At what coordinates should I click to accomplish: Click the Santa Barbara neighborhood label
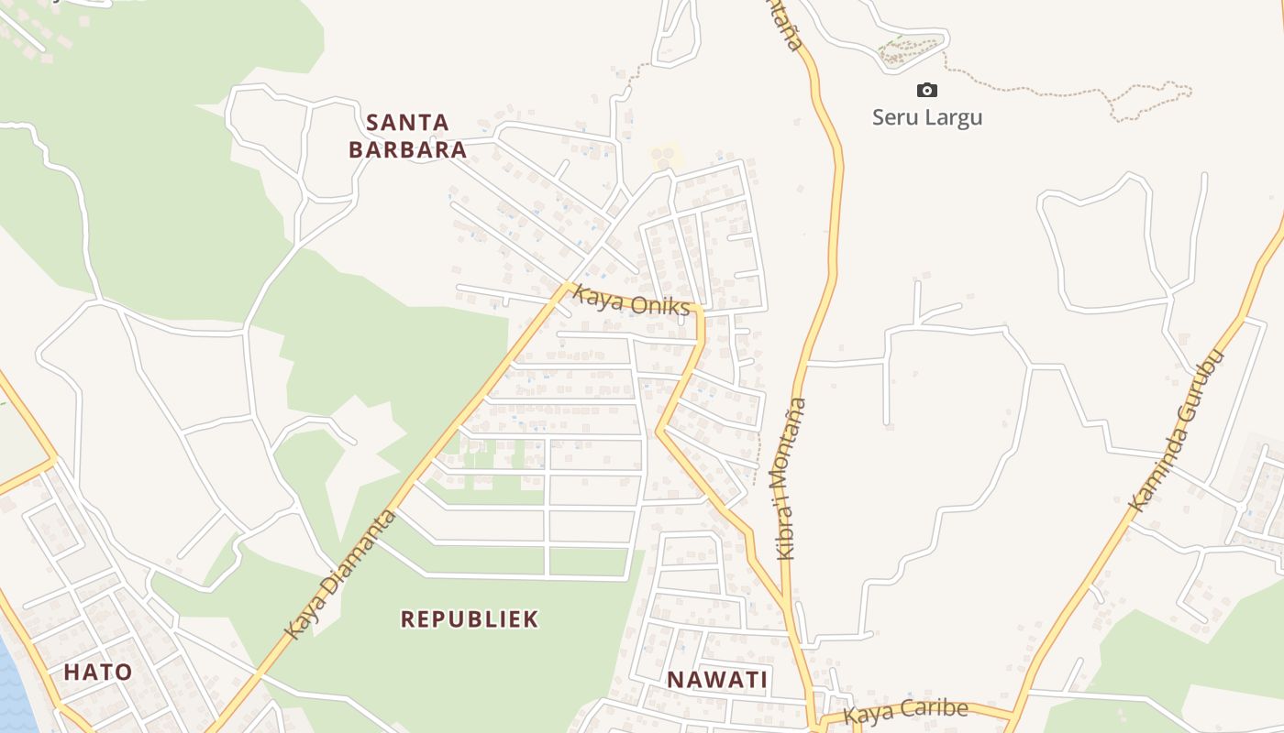point(408,136)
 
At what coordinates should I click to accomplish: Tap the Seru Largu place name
point(927,117)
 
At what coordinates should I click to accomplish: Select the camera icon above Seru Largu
point(927,90)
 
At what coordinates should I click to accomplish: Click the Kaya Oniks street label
point(631,300)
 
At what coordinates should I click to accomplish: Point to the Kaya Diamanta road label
point(340,575)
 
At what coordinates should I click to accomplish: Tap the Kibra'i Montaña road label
point(792,477)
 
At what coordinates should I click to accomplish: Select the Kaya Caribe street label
point(906,711)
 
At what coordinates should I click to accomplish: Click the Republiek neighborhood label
point(470,619)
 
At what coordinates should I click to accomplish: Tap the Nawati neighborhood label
point(717,680)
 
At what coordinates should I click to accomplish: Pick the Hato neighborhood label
point(97,673)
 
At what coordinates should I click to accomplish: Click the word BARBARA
point(408,149)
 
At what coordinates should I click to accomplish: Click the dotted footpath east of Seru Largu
point(1055,91)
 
